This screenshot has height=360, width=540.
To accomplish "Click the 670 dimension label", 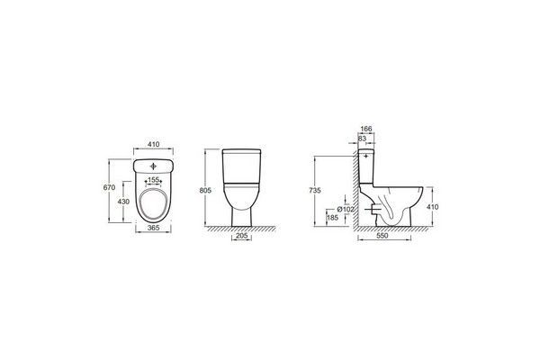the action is point(109,188).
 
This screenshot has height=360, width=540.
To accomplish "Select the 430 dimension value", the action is point(123,202).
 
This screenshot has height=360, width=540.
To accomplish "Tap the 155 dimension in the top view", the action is point(153,180).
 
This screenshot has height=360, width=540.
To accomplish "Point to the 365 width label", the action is point(153,228).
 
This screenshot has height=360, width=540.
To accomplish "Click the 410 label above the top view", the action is point(153,144).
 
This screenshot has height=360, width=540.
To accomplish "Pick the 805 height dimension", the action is point(205,191).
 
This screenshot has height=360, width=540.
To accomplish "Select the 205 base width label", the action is point(242,236).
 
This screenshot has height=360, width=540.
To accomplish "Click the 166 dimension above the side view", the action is point(366,129).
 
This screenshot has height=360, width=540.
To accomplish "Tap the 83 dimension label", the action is point(362,138).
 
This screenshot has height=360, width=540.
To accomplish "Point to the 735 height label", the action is point(315,191).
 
